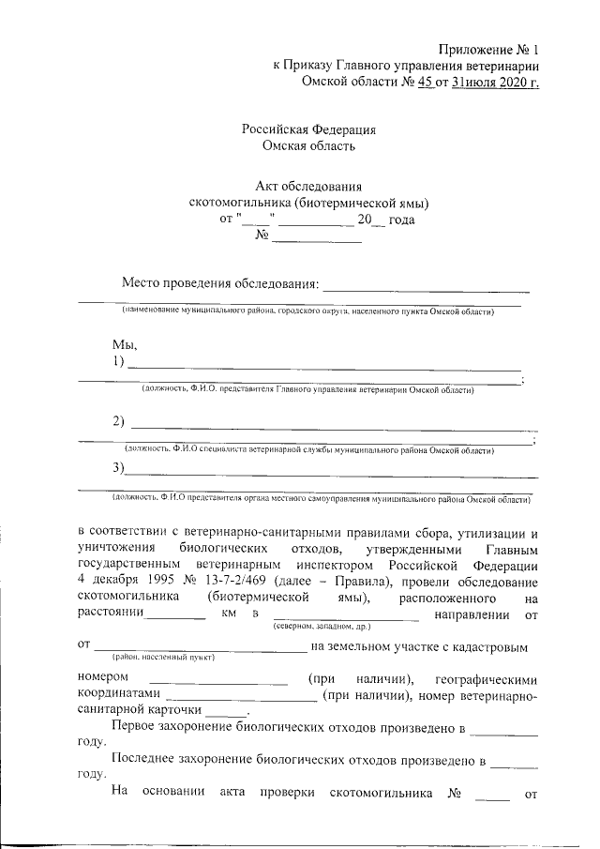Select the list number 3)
click(x=118, y=468)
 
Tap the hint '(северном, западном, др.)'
click(x=322, y=625)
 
